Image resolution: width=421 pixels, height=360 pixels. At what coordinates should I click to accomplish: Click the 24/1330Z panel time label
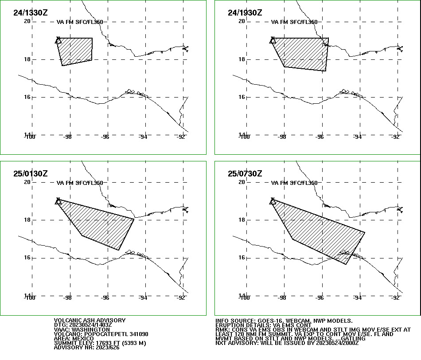pyautogui.click(x=30, y=13)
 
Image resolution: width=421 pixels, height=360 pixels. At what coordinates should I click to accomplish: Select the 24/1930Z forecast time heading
pyautogui.click(x=245, y=13)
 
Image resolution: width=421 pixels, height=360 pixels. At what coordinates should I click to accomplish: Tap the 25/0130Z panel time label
pyautogui.click(x=30, y=173)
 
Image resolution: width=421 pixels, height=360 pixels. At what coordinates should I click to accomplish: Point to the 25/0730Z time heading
pyautogui.click(x=245, y=173)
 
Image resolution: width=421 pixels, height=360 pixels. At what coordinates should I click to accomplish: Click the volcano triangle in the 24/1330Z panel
pyautogui.click(x=58, y=41)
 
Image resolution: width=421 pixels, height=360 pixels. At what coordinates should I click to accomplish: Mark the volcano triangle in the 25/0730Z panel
pyautogui.click(x=273, y=202)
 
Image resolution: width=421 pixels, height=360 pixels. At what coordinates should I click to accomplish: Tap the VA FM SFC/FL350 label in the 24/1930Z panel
pyautogui.click(x=294, y=22)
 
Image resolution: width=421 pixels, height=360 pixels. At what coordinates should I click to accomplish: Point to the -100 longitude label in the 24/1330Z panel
pyautogui.click(x=29, y=137)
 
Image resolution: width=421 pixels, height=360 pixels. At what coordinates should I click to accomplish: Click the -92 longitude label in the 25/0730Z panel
pyautogui.click(x=396, y=298)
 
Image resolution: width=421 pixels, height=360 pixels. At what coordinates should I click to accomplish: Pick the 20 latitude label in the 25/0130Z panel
pyautogui.click(x=27, y=182)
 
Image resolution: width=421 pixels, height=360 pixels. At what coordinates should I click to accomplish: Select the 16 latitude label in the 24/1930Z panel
pyautogui.click(x=242, y=97)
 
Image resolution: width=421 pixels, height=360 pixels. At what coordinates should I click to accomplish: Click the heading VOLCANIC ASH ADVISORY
pyautogui.click(x=90, y=320)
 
